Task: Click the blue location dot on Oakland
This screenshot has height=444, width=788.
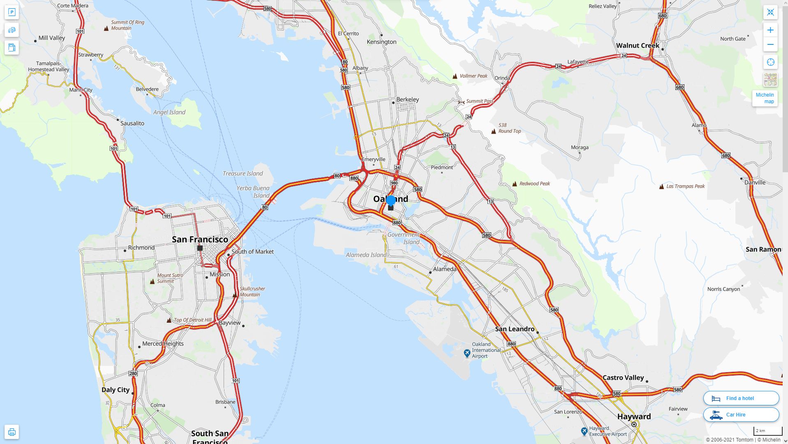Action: pos(391,201)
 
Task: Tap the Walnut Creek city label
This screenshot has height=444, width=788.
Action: pos(637,46)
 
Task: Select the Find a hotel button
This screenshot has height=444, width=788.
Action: pos(741,398)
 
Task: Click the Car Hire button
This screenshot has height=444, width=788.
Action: pos(741,414)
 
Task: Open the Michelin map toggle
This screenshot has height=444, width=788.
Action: pos(765,98)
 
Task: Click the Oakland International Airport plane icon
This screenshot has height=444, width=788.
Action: pos(467,353)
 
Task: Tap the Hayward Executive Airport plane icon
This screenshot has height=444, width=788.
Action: pos(584,431)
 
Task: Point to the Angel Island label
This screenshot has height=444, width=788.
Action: pos(169,112)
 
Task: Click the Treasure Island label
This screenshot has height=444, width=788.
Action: pos(243,173)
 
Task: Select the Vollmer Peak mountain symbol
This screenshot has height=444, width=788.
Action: pos(455,76)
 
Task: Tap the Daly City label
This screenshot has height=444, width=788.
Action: pos(116,390)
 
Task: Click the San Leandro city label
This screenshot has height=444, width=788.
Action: pos(515,329)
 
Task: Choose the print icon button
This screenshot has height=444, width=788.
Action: pos(12,432)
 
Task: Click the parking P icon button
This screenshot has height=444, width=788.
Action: pos(12,12)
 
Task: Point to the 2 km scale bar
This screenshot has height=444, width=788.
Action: pos(767,431)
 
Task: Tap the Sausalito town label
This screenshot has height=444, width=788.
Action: pos(132,123)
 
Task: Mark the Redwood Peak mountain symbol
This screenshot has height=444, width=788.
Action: pos(515,184)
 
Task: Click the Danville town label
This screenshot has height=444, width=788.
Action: pos(755,182)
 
